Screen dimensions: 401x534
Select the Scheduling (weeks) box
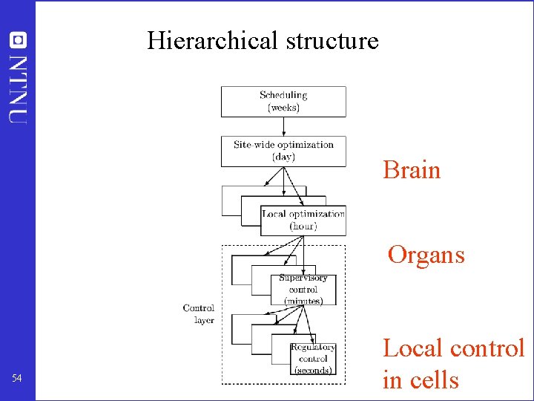pyautogui.click(x=283, y=101)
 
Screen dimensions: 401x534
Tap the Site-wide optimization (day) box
pyautogui.click(x=283, y=151)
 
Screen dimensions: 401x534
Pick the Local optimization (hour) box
pyautogui.click(x=303, y=220)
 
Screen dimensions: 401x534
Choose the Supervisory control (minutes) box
pyautogui.click(x=303, y=290)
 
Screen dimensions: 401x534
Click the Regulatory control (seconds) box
pyautogui.click(x=312, y=359)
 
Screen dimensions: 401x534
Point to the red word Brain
pyautogui.click(x=412, y=170)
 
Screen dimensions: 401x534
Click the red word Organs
pyautogui.click(x=426, y=255)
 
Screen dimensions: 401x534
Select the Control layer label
pyautogui.click(x=199, y=313)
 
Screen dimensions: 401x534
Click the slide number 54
pyautogui.click(x=17, y=379)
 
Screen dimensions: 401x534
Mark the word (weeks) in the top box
pyautogui.click(x=283, y=107)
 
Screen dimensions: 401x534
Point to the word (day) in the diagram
pyautogui.click(x=283, y=157)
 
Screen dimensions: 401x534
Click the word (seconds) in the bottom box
pyautogui.click(x=312, y=370)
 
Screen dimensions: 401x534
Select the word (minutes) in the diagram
pyautogui.click(x=303, y=301)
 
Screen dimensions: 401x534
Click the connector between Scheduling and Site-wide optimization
pyautogui.click(x=283, y=125)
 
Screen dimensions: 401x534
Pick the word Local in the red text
pyautogui.click(x=412, y=348)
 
